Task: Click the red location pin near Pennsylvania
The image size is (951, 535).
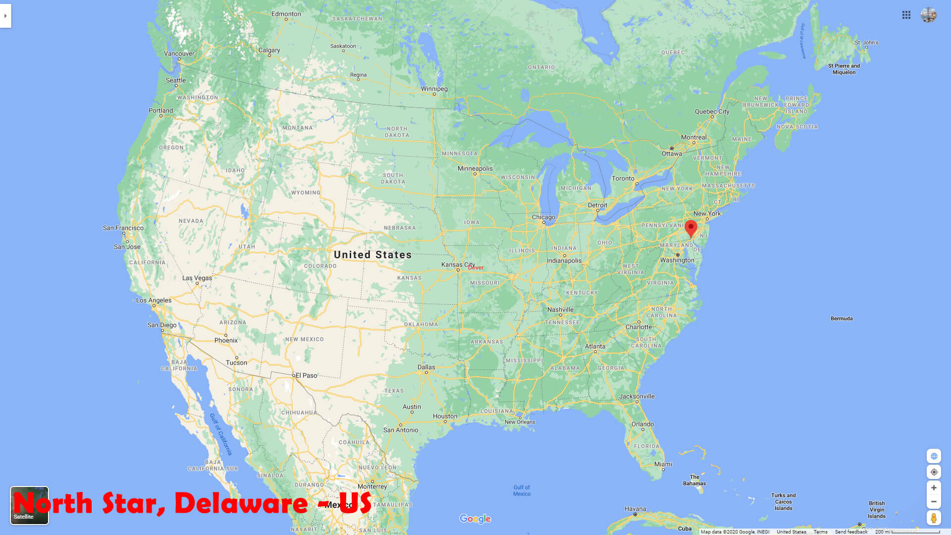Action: point(690,228)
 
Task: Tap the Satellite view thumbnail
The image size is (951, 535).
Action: point(30,505)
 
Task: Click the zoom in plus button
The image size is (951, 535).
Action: point(934,488)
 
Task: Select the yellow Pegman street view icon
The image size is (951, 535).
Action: point(934,518)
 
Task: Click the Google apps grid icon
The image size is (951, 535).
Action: point(906,15)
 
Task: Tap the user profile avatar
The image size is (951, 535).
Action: point(929,15)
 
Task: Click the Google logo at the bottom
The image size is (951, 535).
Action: point(475,519)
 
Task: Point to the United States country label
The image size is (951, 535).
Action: point(372,255)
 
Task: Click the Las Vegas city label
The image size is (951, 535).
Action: point(197,278)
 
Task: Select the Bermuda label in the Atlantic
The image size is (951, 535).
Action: point(842,319)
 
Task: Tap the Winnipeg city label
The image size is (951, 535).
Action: point(434,89)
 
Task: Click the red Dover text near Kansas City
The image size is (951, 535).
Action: point(476,267)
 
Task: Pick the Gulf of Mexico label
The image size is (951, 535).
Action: point(522,490)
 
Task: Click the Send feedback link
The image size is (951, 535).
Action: point(851,532)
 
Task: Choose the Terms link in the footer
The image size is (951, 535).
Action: point(820,532)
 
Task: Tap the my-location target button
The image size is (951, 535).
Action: point(934,472)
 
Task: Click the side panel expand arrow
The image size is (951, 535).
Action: point(5,16)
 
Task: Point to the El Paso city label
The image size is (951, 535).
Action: point(306,375)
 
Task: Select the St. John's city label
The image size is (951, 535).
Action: point(866,43)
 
